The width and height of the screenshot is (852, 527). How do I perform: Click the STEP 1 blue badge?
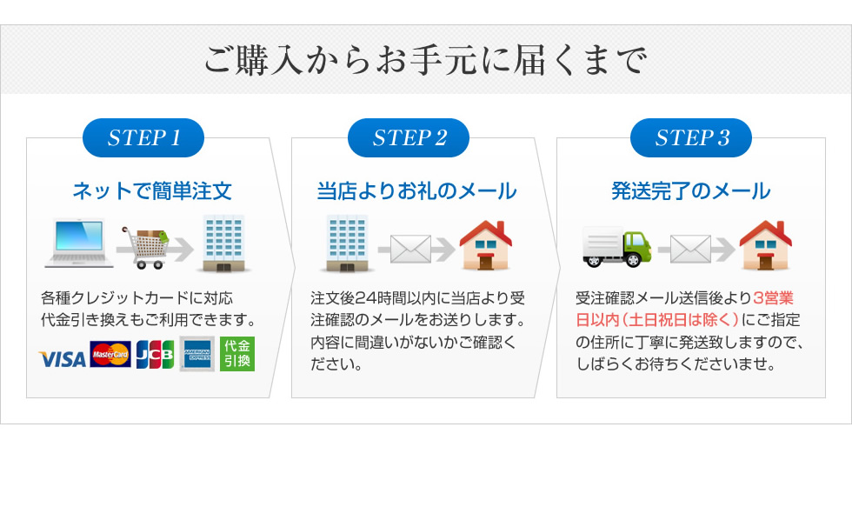(x=143, y=138)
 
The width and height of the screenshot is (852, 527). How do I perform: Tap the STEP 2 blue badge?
(x=409, y=138)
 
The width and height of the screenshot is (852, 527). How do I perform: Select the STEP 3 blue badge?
(x=691, y=138)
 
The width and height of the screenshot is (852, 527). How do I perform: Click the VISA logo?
(x=63, y=359)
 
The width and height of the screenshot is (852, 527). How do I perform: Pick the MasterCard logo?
(x=110, y=354)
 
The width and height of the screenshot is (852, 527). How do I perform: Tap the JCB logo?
(x=156, y=354)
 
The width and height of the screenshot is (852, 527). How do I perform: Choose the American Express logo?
(x=197, y=354)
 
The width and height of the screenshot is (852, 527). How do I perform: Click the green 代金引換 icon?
(x=237, y=354)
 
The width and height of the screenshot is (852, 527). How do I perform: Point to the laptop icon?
(x=79, y=243)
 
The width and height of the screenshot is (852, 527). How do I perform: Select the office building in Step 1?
(x=223, y=243)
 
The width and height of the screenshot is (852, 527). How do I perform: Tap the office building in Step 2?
(x=347, y=243)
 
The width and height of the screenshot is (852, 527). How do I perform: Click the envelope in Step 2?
(x=410, y=250)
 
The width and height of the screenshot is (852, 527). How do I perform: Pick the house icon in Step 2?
(x=486, y=245)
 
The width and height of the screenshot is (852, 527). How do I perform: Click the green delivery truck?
(x=616, y=247)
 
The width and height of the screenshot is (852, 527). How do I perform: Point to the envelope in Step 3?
(x=690, y=250)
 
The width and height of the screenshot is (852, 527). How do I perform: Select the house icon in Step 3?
(x=766, y=245)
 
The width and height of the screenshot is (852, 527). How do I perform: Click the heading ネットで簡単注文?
(x=152, y=191)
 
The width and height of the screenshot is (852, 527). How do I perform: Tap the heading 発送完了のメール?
(x=690, y=191)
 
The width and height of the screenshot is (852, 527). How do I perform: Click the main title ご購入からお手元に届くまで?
(x=425, y=60)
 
